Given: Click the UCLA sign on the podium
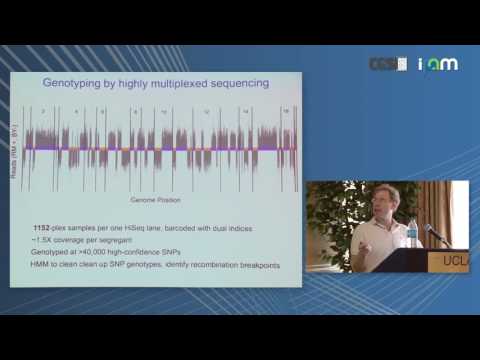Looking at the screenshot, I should pos(454,262).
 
